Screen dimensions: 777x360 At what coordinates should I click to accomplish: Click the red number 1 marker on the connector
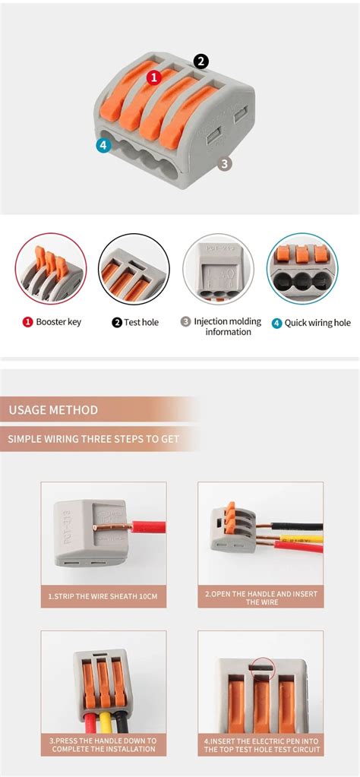click(154, 77)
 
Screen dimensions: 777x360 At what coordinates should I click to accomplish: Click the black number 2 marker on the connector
click(201, 62)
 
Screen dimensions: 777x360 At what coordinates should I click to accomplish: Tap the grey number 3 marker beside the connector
click(224, 163)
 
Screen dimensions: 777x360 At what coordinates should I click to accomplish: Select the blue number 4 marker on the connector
click(103, 144)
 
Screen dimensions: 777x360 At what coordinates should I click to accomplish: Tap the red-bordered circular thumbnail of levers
click(51, 269)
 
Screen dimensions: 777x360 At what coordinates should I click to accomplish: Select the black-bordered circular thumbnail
click(134, 269)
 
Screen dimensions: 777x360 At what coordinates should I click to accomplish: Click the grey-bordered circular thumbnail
click(218, 269)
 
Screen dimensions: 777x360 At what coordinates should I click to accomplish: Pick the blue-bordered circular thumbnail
click(302, 269)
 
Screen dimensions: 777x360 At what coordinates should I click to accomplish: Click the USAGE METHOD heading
click(54, 410)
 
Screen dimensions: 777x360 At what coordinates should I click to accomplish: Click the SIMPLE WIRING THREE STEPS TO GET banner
click(95, 438)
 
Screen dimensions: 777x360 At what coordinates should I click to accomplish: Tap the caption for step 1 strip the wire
click(103, 596)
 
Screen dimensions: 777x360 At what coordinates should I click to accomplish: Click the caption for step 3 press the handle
click(103, 744)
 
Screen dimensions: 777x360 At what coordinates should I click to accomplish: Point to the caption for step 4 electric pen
click(261, 744)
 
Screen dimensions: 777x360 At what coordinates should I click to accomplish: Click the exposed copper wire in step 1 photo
click(113, 525)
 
